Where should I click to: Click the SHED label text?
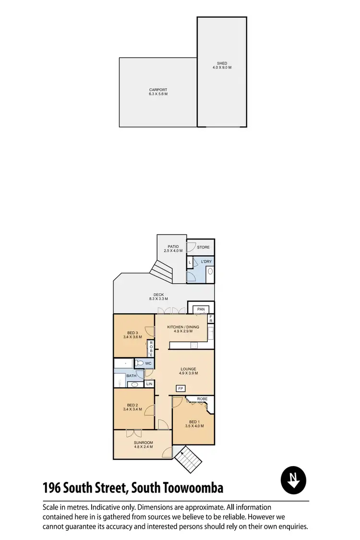tap(222, 63)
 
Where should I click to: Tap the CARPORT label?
tap(158, 90)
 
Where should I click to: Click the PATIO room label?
tap(167, 247)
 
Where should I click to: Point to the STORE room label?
tap(203, 248)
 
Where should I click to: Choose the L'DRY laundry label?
tap(206, 261)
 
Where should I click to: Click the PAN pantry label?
tap(201, 309)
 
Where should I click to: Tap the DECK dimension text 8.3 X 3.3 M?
tap(158, 299)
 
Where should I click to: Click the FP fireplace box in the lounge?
tap(181, 388)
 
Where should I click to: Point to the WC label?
tap(148, 363)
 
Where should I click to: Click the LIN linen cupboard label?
tap(149, 384)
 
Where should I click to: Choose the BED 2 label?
tap(132, 405)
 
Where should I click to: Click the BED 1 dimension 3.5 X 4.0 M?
tap(194, 426)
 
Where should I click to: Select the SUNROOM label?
tap(144, 442)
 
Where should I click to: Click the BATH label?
tap(131, 377)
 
